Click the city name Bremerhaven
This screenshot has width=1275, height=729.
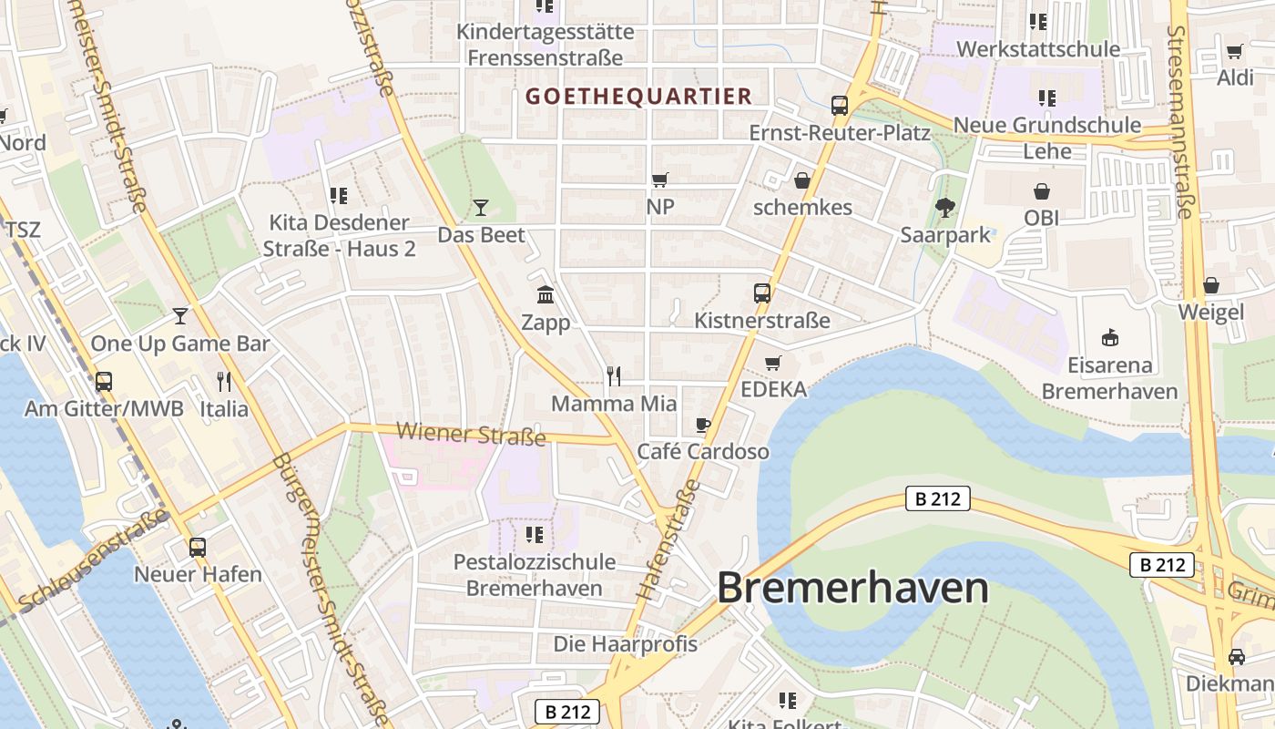coord(852,589)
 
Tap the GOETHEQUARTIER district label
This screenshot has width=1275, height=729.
coord(638,96)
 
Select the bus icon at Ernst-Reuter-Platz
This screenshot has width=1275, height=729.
coord(839,106)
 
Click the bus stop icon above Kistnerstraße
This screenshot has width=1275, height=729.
coord(762,293)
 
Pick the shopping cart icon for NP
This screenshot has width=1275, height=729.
coord(660,180)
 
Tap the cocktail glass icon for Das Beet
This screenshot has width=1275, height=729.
coord(481,208)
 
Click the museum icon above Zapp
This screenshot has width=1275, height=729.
coord(546,294)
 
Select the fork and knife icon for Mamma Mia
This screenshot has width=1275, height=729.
coord(614,375)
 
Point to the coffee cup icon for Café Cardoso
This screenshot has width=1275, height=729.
coord(702,425)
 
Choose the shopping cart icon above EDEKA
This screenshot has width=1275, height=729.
coord(773,363)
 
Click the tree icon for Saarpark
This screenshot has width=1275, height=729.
coord(944,208)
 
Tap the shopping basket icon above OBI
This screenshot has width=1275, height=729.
coord(1041,191)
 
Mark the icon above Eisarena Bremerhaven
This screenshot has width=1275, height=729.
coord(1109,338)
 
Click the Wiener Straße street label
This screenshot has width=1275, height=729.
coord(472,434)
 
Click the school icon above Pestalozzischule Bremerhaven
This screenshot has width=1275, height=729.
coord(535,534)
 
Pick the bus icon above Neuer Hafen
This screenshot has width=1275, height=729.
coord(198,548)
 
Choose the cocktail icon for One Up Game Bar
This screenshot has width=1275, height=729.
coord(180,316)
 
